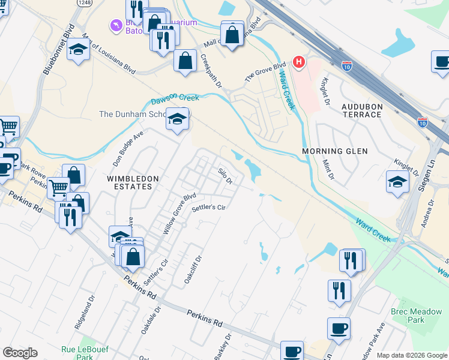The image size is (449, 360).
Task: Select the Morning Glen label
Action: pyautogui.click(x=335, y=151)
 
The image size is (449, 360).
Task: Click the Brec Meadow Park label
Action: pyautogui.click(x=424, y=316)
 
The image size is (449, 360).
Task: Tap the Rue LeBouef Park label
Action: pyautogui.click(x=80, y=353)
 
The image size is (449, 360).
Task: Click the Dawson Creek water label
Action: pyautogui.click(x=174, y=97)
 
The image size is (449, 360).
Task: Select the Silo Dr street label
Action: pyautogui.click(x=224, y=176)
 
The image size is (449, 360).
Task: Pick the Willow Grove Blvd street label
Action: pyautogui.click(x=180, y=213)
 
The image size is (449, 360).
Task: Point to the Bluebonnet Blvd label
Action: pyautogui.click(x=58, y=49)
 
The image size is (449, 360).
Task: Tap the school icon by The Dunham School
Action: pyautogui.click(x=178, y=119)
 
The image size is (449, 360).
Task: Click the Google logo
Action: pyautogui.click(x=20, y=352)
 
